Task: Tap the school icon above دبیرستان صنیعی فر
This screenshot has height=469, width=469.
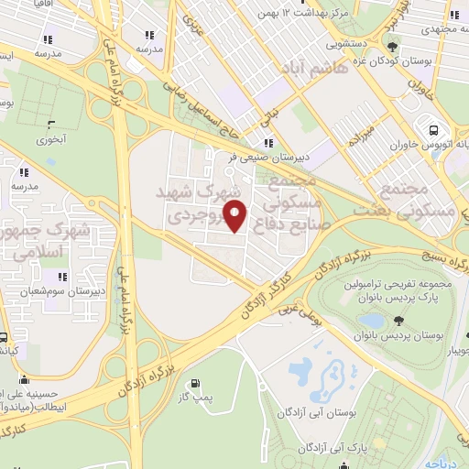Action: click(x=268, y=142)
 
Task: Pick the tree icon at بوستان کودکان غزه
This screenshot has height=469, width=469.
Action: click(x=393, y=47)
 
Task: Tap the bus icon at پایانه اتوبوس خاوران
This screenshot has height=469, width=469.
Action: click(x=431, y=128)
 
